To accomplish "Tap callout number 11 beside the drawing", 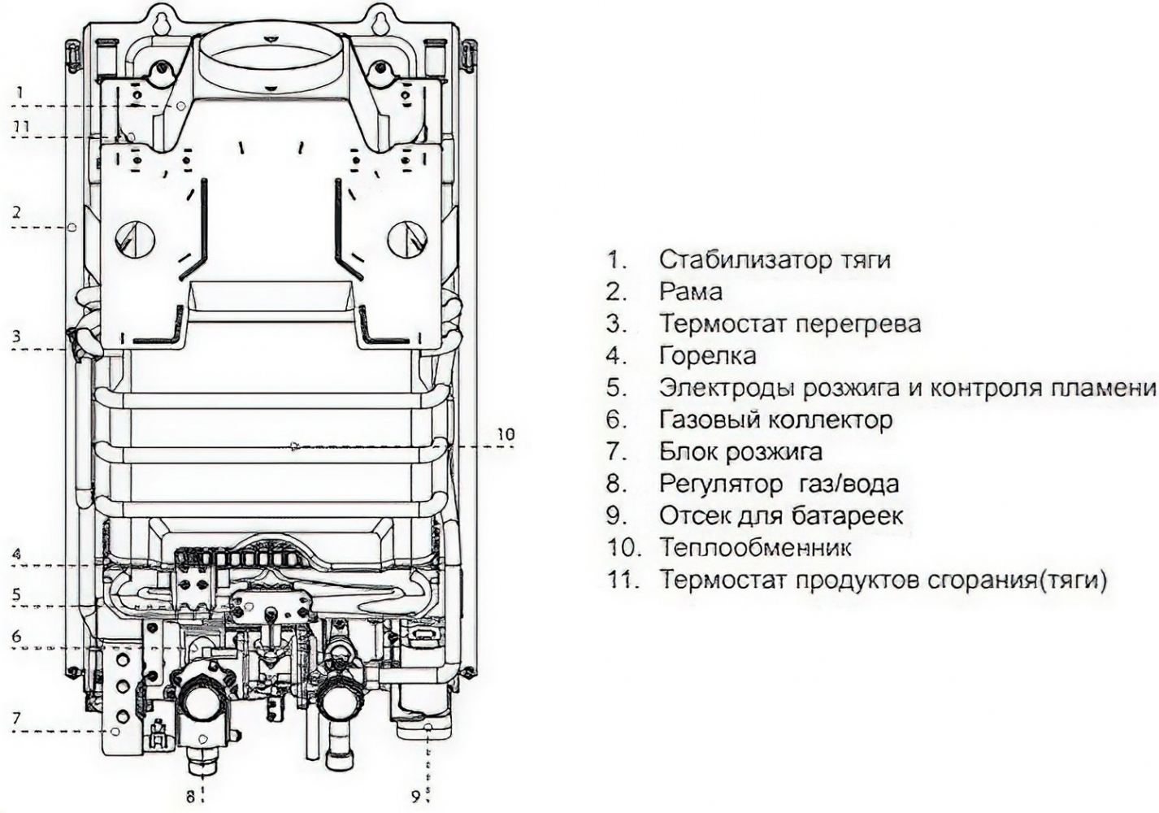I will click(21, 127).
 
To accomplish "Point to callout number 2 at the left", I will click(16, 213).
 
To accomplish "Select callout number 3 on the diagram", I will click(16, 335).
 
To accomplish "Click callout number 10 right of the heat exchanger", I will click(506, 435).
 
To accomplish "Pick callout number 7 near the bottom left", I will click(16, 718).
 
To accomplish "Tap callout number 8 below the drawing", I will click(190, 797).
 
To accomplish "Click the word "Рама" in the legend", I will click(691, 292).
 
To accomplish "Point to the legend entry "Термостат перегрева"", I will click(790, 324).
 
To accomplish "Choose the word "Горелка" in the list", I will click(707, 355).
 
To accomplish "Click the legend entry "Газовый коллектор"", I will click(775, 420).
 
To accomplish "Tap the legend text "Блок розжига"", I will click(740, 451).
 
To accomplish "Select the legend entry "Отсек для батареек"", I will click(781, 515).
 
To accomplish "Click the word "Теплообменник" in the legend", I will click(755, 547).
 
